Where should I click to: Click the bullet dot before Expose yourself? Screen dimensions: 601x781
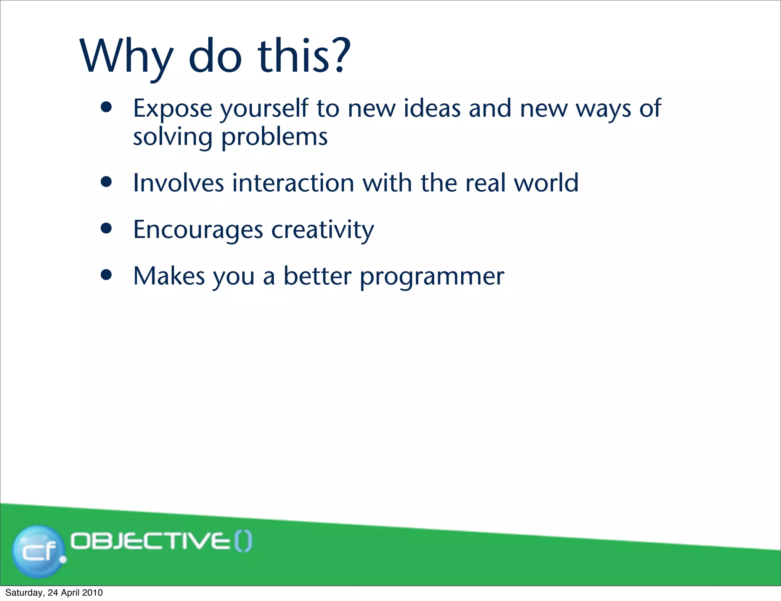(x=106, y=107)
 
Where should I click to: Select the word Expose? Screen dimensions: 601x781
(x=172, y=109)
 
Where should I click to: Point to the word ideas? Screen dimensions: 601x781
(x=432, y=108)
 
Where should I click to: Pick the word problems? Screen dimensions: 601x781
(x=274, y=137)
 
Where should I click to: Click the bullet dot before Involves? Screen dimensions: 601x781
(x=106, y=182)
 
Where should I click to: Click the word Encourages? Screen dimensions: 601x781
(x=198, y=230)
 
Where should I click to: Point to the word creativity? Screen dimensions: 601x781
(x=323, y=230)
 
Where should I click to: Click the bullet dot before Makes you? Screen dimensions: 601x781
(x=106, y=275)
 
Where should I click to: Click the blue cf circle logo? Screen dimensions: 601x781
(x=38, y=551)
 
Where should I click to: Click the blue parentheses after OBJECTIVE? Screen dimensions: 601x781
(x=243, y=542)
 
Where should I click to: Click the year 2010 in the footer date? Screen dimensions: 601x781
(x=92, y=593)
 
